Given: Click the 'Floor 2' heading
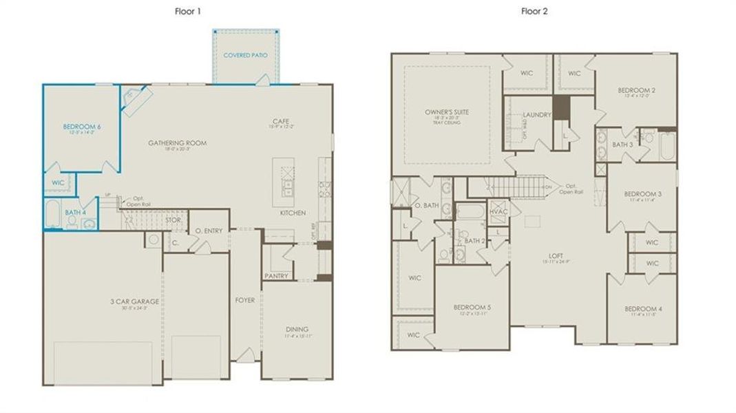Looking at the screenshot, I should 534,11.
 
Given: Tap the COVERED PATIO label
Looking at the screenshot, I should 246,54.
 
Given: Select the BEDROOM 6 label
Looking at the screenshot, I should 82,127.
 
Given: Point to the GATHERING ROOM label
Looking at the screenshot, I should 177,143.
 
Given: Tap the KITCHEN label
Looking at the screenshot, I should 293,213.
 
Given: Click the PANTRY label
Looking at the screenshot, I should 276,275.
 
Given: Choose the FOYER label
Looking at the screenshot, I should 244,300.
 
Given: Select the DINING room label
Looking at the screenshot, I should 297,329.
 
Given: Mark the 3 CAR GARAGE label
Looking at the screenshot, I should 135,301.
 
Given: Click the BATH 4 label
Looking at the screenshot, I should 74,213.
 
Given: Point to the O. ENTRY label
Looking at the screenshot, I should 209,231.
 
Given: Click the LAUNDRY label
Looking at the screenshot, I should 537,115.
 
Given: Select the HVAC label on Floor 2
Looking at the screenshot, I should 498,211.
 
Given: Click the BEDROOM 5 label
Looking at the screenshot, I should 472,307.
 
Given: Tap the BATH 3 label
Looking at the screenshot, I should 622,145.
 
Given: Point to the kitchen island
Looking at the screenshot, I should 284,182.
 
